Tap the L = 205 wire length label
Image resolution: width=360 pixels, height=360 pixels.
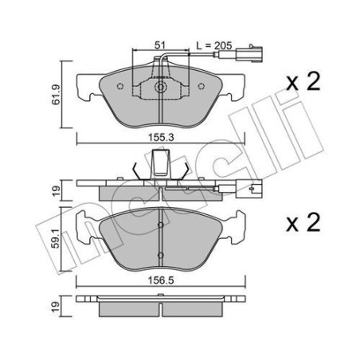[x=213, y=46]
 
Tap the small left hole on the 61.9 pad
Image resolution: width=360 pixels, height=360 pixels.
[x=119, y=86]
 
